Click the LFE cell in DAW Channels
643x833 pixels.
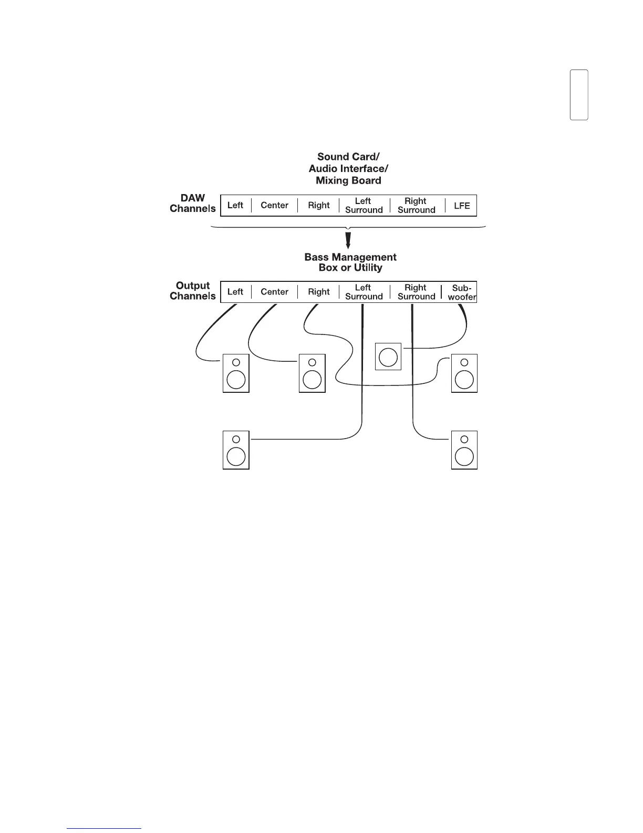462,206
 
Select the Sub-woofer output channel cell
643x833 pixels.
462,292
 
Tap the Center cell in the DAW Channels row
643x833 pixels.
274,206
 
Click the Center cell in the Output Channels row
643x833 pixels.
274,292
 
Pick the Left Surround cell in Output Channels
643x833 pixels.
364,292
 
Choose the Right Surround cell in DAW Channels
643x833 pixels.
416,206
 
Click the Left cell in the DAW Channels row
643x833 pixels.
235,206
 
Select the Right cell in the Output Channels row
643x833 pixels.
318,292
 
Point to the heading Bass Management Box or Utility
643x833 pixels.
350,262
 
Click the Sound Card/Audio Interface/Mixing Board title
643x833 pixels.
348,168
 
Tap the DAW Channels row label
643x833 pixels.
192,204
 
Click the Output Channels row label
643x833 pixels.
192,291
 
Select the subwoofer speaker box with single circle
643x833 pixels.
388,357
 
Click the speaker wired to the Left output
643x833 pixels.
236,373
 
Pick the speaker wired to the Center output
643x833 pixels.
312,373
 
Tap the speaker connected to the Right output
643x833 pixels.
464,373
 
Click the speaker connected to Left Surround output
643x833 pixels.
236,450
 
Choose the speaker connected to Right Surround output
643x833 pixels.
464,450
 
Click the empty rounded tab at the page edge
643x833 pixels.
579,95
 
